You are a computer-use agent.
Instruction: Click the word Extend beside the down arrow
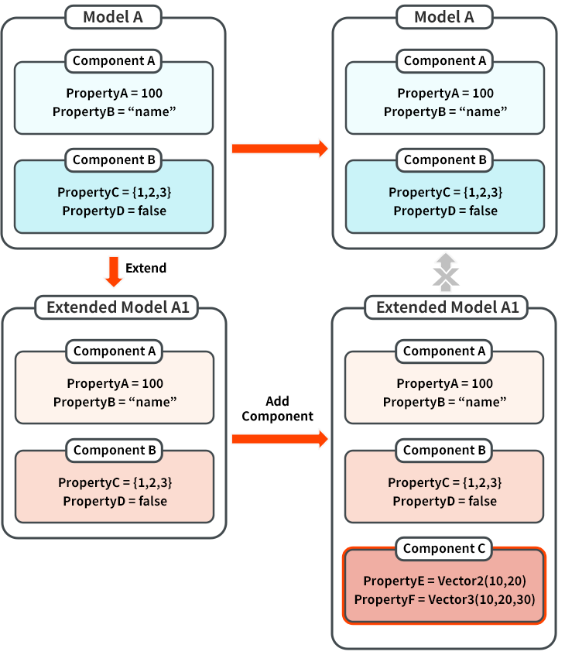pos(146,268)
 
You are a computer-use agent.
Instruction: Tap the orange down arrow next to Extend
pos(114,269)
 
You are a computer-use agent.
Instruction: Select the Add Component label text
pos(277,409)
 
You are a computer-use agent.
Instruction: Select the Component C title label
pos(444,549)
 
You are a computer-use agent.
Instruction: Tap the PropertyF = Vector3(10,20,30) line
pos(444,599)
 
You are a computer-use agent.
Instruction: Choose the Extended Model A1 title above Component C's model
pos(443,307)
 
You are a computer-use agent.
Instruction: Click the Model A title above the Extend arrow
pos(113,17)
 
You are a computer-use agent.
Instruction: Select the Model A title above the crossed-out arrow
pos(444,17)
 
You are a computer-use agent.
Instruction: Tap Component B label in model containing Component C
pos(444,450)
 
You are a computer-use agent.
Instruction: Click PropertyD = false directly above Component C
pos(444,501)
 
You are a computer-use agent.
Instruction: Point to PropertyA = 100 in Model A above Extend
pos(114,93)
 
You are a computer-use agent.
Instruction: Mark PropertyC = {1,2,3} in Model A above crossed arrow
pos(444,192)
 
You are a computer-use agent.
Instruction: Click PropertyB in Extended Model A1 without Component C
pos(115,402)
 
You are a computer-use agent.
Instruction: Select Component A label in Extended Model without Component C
pos(115,351)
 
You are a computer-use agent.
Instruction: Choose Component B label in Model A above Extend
pos(114,160)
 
